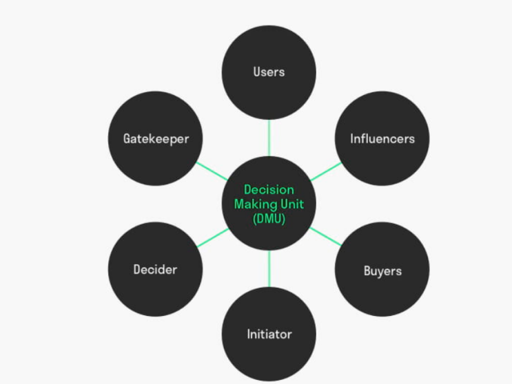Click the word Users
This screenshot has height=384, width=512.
click(269, 72)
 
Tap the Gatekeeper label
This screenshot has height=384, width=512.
click(156, 139)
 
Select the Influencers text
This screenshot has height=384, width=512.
click(382, 139)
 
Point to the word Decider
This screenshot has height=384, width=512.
click(156, 270)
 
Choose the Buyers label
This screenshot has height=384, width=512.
click(382, 271)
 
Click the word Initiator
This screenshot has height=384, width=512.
click(269, 334)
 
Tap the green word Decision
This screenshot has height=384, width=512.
click(269, 190)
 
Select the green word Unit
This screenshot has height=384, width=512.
click(292, 204)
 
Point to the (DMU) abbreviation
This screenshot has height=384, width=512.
click(269, 218)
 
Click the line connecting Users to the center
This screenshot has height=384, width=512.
click(269, 138)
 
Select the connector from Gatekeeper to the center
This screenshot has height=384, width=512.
click(212, 171)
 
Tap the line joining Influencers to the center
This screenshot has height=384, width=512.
click(326, 171)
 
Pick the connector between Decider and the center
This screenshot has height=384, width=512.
click(213, 237)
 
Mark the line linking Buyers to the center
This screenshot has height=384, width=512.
click(325, 237)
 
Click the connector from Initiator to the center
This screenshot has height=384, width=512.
click(269, 269)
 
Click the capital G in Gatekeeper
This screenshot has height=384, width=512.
click(127, 138)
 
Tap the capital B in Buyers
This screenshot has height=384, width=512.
click(368, 270)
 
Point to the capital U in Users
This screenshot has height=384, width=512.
click(257, 72)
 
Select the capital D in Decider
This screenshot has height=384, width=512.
click(137, 270)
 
